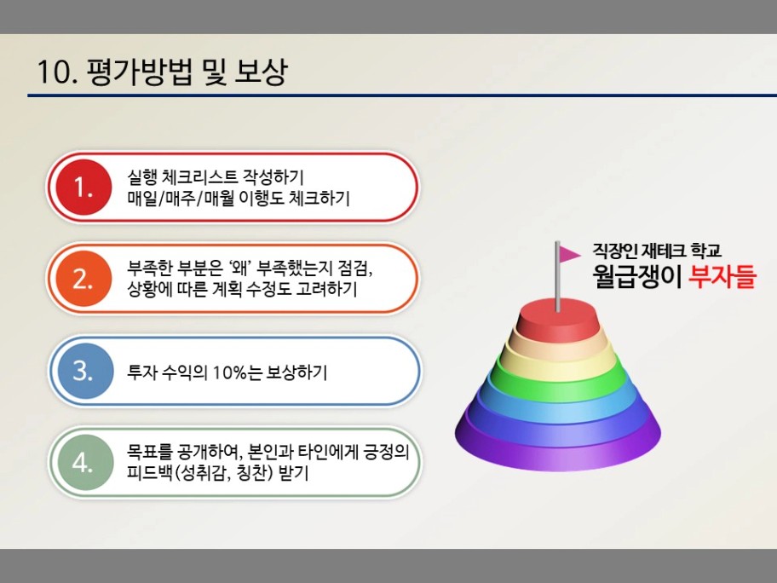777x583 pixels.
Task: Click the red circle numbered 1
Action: pos(83,188)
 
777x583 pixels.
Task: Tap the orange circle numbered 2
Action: pos(83,279)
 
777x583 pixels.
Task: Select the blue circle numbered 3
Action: pos(84,371)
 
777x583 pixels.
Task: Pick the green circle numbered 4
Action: pos(84,462)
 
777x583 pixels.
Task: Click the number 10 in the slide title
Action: pos(55,72)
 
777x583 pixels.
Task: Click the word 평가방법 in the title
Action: pos(139,72)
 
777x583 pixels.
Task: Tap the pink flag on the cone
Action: pos(569,254)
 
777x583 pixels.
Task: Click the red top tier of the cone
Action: pos(557,322)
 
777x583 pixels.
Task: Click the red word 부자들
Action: pos(722,277)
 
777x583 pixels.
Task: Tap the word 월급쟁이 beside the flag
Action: pos(637,277)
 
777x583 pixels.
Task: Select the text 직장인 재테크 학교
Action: pos(657,251)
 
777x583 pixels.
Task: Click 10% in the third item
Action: pos(230,372)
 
